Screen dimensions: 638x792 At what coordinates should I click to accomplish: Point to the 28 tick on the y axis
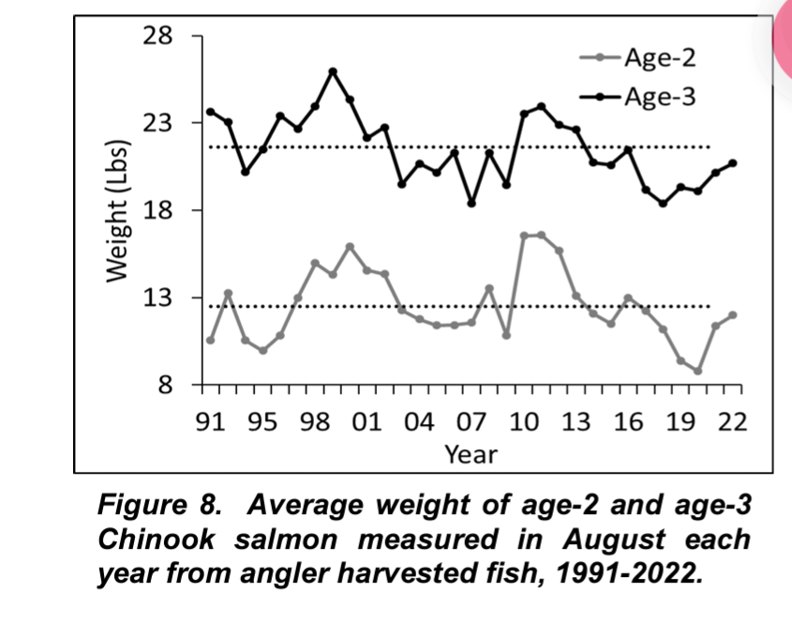(x=158, y=37)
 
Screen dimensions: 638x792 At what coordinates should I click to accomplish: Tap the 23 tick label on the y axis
(x=158, y=124)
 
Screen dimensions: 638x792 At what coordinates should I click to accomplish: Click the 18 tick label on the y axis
(x=158, y=210)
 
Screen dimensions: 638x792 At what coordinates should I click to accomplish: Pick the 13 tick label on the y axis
(x=158, y=297)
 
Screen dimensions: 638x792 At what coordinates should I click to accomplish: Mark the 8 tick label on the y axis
(x=165, y=385)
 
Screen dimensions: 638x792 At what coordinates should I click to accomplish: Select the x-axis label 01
(x=366, y=422)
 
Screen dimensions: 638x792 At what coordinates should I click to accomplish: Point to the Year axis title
(x=471, y=455)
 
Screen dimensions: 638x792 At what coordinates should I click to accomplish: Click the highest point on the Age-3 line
(x=333, y=71)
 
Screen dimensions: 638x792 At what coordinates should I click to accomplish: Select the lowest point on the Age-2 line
(x=698, y=372)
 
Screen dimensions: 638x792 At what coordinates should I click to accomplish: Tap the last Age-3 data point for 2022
(x=733, y=163)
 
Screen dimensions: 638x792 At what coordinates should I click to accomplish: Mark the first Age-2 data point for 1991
(x=210, y=340)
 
